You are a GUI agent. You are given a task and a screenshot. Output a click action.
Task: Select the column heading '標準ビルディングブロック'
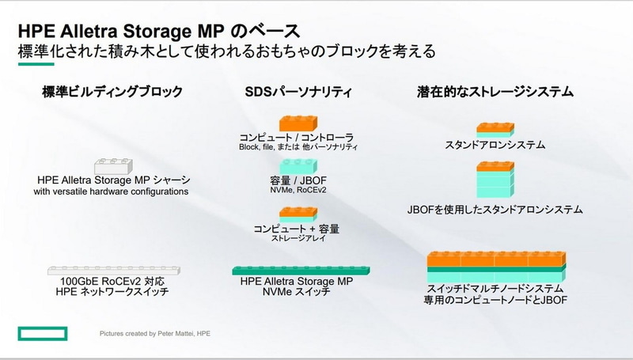coord(112,93)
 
